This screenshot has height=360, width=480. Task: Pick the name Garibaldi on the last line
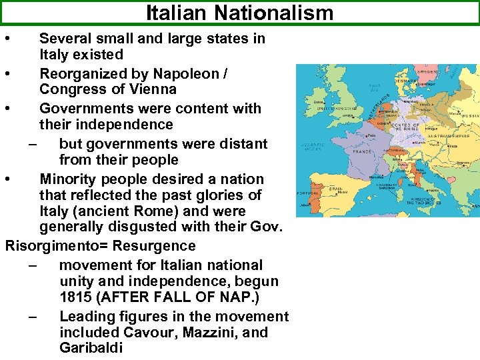point(91,348)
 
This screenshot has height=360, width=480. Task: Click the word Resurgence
point(154,246)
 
